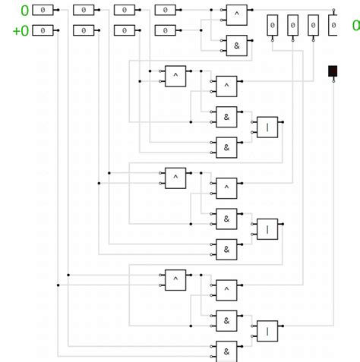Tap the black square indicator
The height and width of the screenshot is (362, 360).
[x=333, y=71]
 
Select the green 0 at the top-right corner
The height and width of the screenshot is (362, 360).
[x=355, y=26]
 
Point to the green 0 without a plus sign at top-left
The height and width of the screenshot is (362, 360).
[x=24, y=11]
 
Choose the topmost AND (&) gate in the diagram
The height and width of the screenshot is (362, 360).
[x=236, y=46]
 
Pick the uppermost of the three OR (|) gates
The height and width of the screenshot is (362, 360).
[x=267, y=127]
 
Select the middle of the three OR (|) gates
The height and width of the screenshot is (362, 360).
[x=267, y=228]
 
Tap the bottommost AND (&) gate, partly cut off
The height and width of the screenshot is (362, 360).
[x=226, y=351]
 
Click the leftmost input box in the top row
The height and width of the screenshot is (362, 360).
[x=43, y=11]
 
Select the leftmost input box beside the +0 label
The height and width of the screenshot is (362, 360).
[x=43, y=30]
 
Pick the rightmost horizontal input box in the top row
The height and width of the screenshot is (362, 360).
[x=166, y=11]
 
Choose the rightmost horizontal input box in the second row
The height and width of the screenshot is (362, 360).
[x=166, y=30]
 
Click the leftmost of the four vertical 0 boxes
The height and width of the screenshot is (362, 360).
[x=273, y=26]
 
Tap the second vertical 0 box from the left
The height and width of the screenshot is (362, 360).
[x=293, y=26]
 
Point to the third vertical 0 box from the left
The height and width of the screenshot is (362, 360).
[x=313, y=26]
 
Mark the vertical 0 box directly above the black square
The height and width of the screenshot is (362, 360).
[x=333, y=26]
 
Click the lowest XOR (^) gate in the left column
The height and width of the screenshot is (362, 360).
[x=175, y=279]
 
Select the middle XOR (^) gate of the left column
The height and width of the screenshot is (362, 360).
[x=175, y=177]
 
